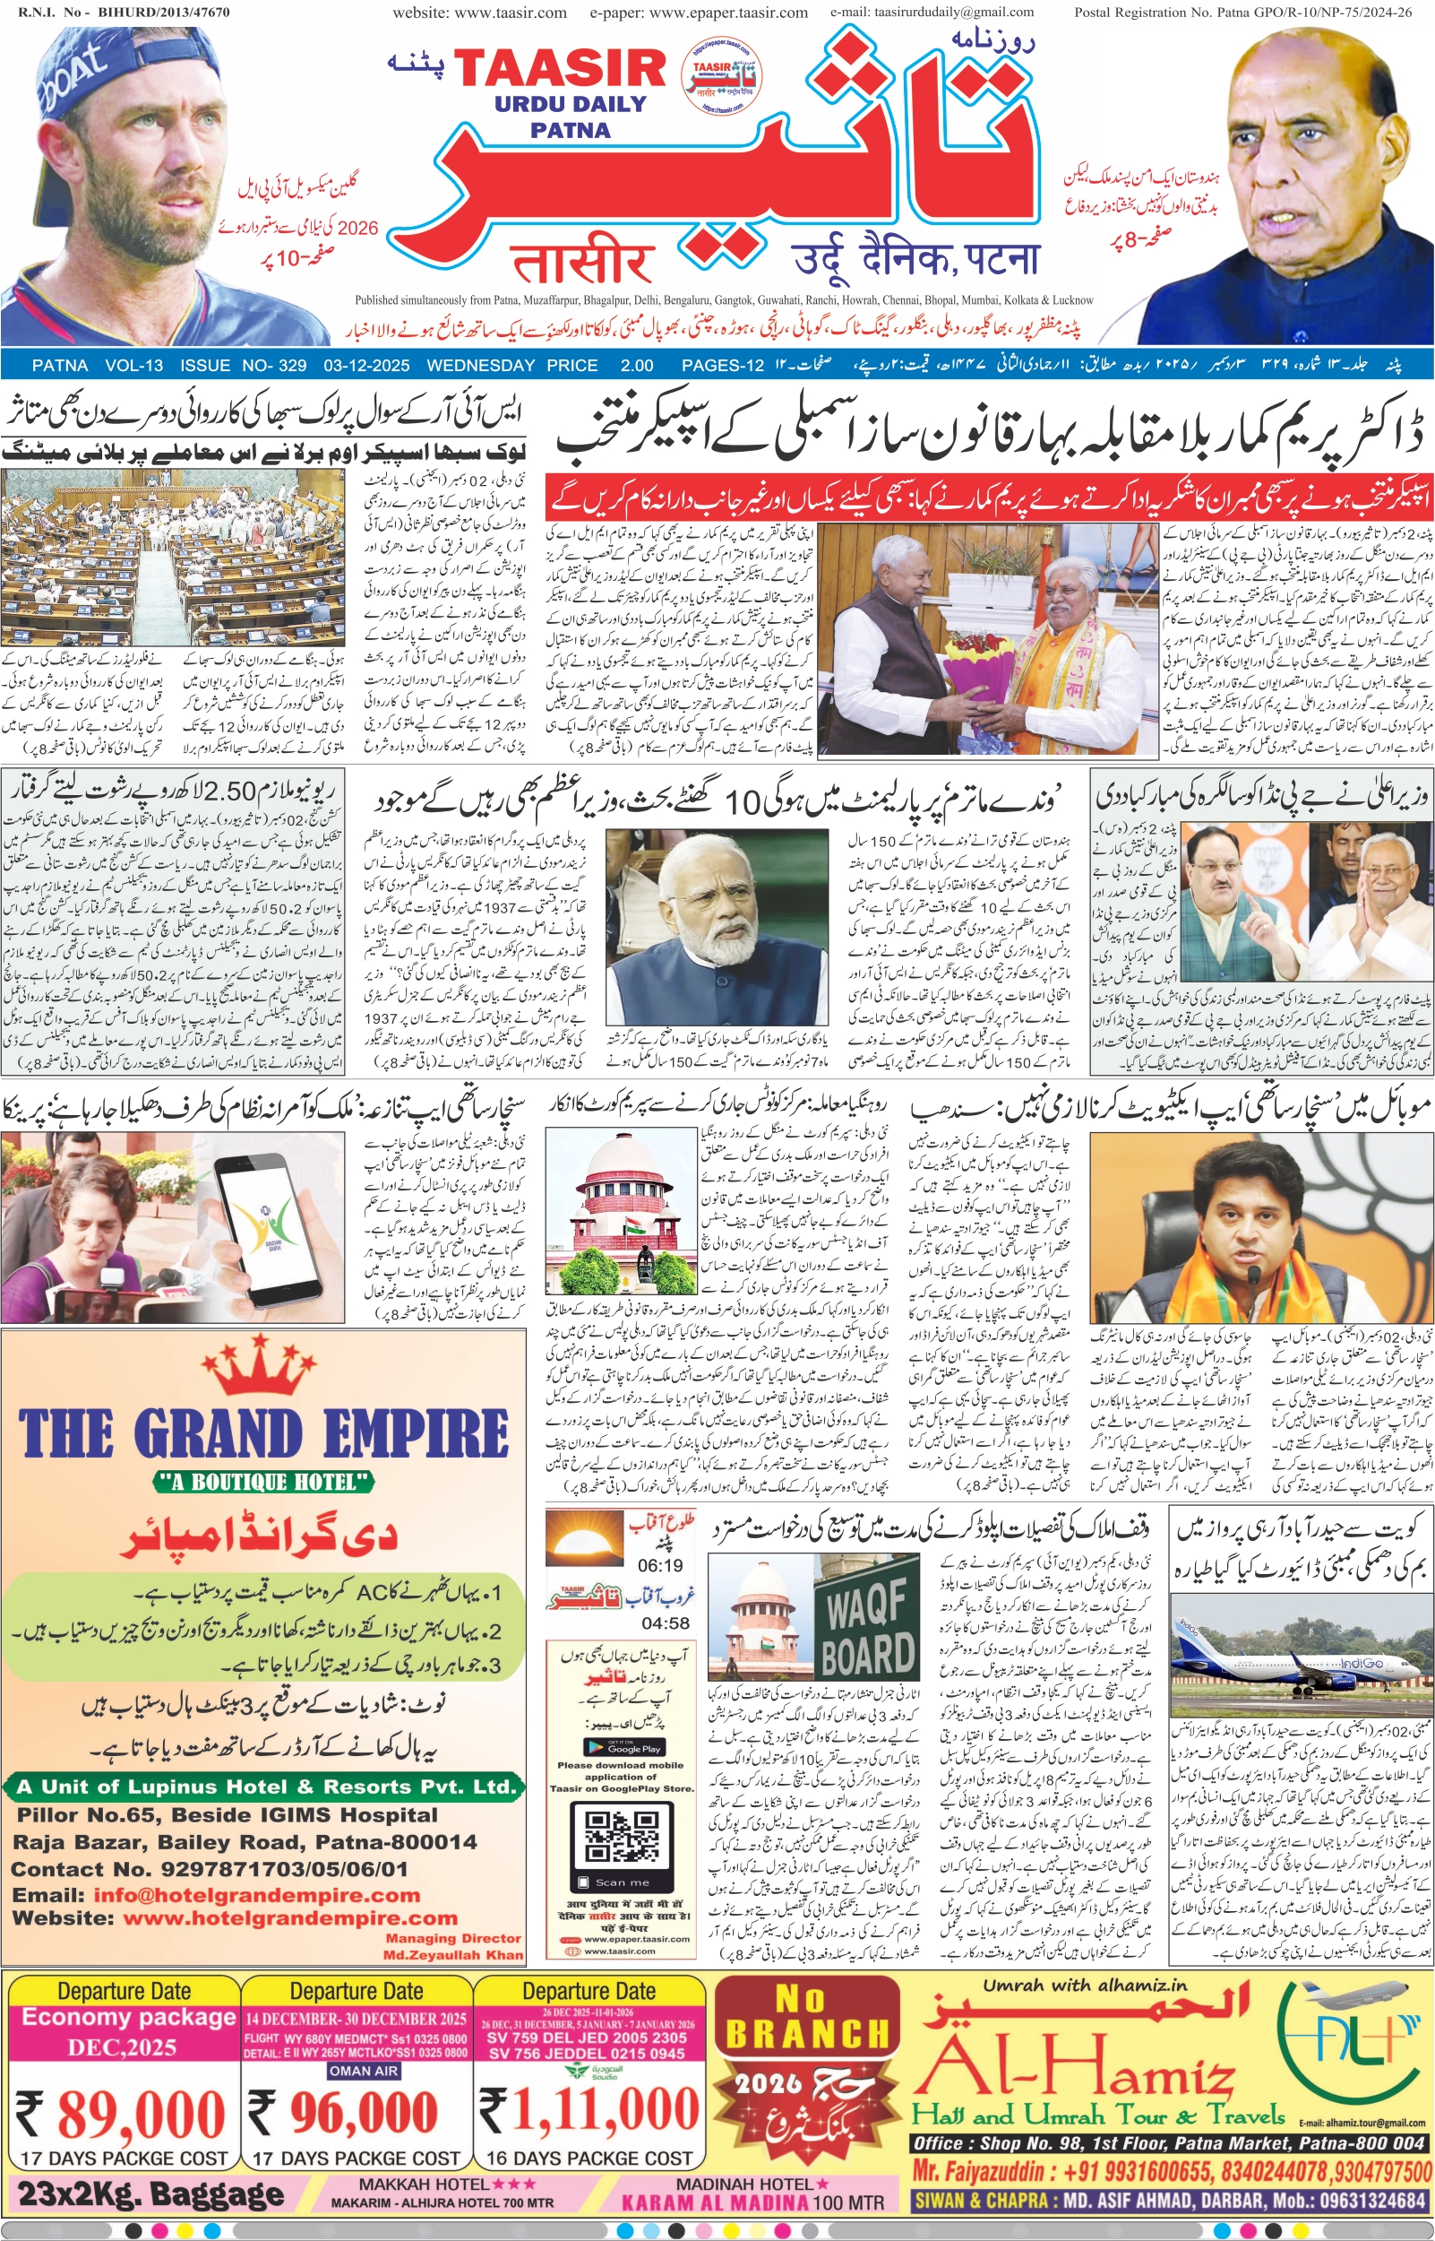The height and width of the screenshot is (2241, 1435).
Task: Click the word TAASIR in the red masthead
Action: coord(559,68)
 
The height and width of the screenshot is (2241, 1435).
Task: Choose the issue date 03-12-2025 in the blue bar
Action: coord(366,366)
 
